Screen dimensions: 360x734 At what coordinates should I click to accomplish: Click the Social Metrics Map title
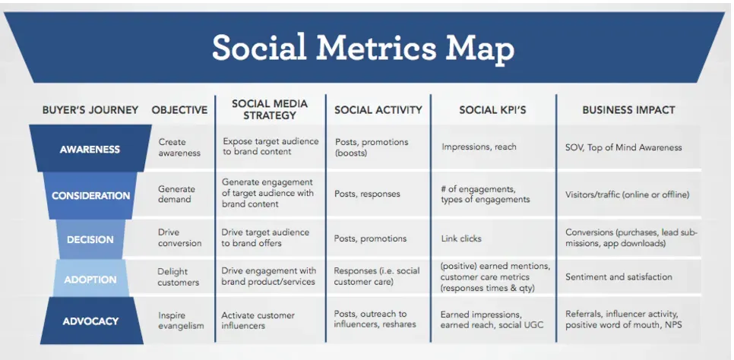[x=363, y=48]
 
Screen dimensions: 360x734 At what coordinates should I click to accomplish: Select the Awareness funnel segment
[x=90, y=149]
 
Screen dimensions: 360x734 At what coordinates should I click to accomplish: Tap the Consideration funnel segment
[x=90, y=195]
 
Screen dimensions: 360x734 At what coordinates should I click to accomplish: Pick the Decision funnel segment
[x=90, y=239]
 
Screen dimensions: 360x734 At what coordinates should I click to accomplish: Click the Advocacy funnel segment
[x=90, y=321]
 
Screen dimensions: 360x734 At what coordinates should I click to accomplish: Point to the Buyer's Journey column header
[x=90, y=110]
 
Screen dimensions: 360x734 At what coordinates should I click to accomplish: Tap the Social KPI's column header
[x=492, y=110]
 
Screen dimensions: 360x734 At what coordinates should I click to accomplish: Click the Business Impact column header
[x=628, y=110]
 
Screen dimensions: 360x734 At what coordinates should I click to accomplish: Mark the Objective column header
[x=179, y=110]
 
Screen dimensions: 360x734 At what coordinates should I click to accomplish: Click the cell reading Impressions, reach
[x=479, y=147]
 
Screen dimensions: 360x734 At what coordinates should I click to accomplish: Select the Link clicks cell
[x=461, y=238]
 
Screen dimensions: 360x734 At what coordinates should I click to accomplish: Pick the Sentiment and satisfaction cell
[x=619, y=277]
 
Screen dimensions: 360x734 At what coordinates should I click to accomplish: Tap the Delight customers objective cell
[x=179, y=277]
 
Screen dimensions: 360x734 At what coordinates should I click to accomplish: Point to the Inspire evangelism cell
[x=182, y=321]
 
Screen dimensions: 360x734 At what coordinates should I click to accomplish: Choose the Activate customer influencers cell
[x=258, y=321]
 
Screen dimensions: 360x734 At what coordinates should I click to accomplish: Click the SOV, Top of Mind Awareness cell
[x=624, y=147]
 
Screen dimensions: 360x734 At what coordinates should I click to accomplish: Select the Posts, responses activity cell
[x=367, y=194]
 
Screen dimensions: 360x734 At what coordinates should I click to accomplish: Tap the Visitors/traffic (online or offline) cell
[x=628, y=194]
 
